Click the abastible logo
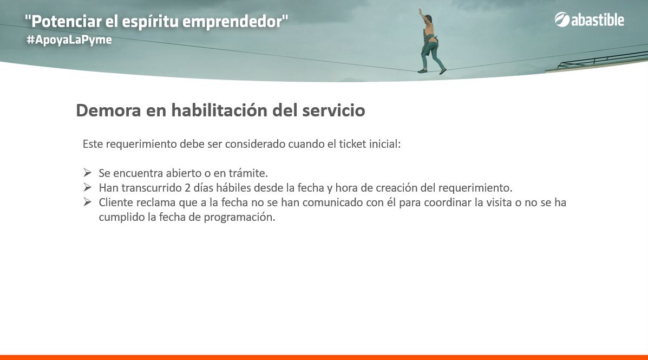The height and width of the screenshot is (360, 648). click(590, 19)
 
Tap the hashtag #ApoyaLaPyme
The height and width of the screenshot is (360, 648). click(69, 40)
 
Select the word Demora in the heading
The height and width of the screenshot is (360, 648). click(108, 110)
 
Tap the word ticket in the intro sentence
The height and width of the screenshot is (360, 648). click(352, 144)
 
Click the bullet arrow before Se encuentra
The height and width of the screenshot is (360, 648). click(87, 172)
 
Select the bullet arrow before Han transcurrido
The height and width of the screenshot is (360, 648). click(87, 187)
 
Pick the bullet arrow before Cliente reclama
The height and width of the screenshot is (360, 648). click(87, 202)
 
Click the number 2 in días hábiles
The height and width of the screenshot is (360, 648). click(188, 188)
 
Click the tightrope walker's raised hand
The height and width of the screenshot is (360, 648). click(420, 10)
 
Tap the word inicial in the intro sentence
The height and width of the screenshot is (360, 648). click(385, 144)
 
